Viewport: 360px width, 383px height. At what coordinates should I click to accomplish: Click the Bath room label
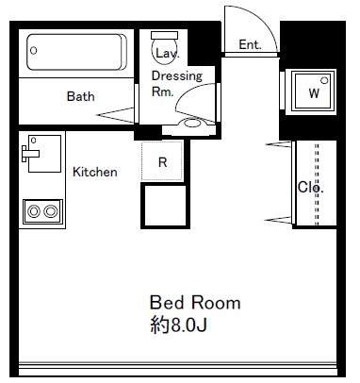(x=80, y=96)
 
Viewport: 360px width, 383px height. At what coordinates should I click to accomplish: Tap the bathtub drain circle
(x=34, y=50)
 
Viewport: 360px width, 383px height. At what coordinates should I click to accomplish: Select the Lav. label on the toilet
(x=168, y=53)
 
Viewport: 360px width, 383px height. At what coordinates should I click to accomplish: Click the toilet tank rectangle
(x=164, y=35)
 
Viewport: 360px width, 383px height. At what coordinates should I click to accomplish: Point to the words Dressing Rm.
(x=177, y=84)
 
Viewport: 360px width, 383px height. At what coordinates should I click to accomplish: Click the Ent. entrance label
(x=250, y=44)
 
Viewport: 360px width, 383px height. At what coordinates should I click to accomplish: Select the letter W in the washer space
(x=314, y=93)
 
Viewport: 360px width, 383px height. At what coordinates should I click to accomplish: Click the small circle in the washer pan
(x=324, y=80)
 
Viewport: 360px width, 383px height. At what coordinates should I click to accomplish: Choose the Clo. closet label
(x=310, y=188)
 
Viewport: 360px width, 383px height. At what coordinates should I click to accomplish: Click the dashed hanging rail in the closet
(x=317, y=184)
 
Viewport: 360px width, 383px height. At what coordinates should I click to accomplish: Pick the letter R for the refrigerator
(x=162, y=162)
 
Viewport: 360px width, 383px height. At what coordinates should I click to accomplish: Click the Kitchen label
(x=95, y=172)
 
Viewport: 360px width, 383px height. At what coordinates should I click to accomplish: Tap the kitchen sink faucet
(x=30, y=154)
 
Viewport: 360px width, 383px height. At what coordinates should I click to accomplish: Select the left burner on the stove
(x=34, y=211)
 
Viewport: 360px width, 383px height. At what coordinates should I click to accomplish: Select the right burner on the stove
(x=51, y=211)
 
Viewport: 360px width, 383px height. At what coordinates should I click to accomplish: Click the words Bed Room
(x=195, y=303)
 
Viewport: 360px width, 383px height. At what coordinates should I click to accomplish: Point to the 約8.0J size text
(x=178, y=325)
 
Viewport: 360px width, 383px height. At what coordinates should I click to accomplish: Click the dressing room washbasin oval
(x=191, y=123)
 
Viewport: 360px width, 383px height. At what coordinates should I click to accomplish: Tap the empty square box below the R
(x=165, y=206)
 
